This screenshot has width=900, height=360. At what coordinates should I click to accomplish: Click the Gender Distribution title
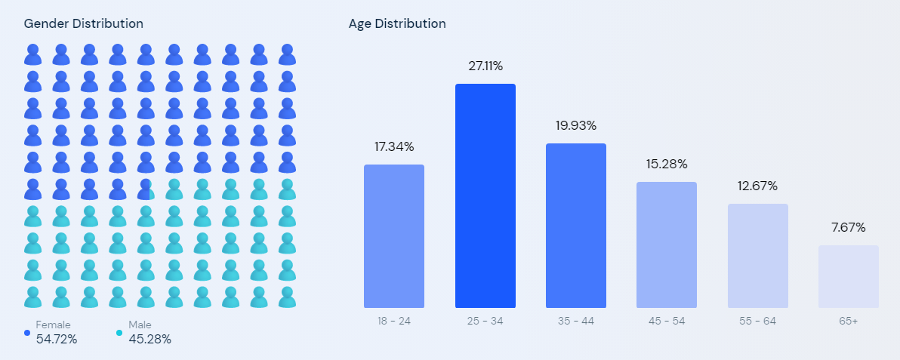point(84,23)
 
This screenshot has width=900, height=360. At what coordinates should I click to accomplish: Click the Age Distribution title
point(397,23)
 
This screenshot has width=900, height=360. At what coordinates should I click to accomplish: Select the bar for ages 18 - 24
point(394,236)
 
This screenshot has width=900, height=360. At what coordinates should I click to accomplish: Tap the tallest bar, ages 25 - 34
point(485,195)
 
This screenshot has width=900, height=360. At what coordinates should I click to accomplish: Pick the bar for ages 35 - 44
point(575,226)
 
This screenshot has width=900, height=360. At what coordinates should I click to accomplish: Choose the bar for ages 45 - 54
point(667,245)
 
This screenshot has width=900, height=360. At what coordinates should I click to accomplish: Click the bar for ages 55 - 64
point(757,256)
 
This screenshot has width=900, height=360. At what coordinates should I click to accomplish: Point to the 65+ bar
point(849,276)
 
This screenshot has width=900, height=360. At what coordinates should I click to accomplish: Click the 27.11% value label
point(485,66)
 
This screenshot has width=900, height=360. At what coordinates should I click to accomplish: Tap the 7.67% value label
point(849,227)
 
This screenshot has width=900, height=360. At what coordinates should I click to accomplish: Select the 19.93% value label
point(575,125)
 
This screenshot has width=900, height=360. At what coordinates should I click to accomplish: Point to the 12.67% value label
point(757,186)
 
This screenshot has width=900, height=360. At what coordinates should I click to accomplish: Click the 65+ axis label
point(849,321)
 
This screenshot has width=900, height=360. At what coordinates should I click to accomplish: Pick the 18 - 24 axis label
point(394,321)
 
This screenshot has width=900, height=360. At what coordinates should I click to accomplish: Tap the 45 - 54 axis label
point(667,321)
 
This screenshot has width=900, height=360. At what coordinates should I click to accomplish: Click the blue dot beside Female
point(27,332)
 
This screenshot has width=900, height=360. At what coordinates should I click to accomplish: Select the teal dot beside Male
point(119,332)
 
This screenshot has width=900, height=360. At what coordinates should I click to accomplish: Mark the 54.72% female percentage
point(56,340)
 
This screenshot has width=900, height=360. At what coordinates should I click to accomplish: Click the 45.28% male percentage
point(149,340)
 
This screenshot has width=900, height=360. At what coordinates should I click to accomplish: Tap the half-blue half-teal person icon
point(146,189)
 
